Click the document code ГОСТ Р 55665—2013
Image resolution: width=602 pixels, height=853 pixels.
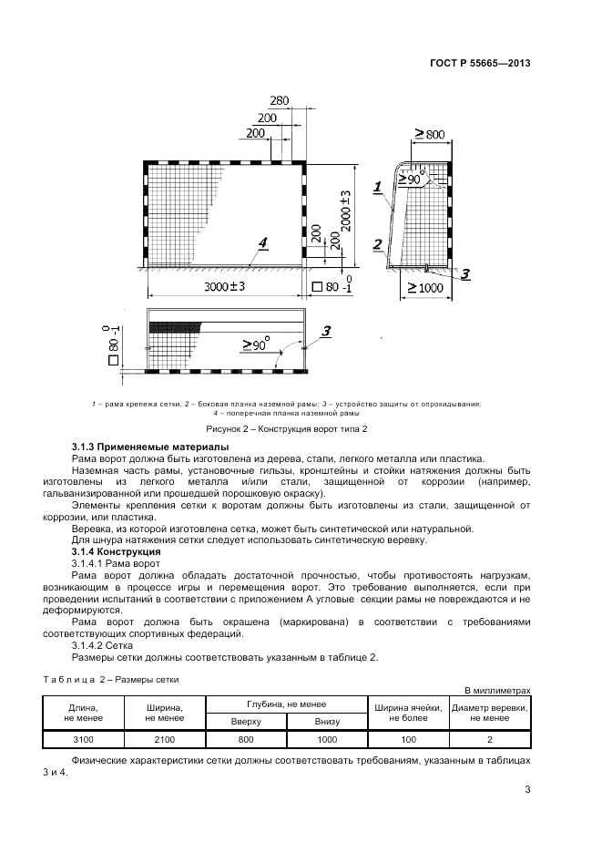(x=480, y=63)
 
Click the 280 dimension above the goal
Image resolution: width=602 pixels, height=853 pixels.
(x=280, y=100)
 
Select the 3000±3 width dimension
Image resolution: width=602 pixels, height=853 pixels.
(x=225, y=286)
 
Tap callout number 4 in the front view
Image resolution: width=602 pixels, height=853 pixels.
(x=263, y=242)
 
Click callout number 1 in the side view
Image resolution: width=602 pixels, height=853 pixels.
(x=377, y=187)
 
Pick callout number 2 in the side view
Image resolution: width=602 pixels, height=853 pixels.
(x=378, y=244)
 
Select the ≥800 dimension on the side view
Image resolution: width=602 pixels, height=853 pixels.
(x=430, y=134)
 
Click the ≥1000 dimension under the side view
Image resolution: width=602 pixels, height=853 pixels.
(x=425, y=287)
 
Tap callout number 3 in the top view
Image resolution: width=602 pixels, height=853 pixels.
(x=326, y=331)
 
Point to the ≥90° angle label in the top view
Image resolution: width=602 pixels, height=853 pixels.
(x=257, y=344)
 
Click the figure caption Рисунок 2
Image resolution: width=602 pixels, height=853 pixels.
(x=287, y=428)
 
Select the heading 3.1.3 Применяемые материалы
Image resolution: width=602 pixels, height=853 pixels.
(x=150, y=447)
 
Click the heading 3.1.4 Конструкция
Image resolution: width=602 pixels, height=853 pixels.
(x=117, y=551)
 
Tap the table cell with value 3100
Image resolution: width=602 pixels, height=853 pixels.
(x=83, y=739)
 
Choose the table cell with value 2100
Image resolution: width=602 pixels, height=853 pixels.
(x=165, y=739)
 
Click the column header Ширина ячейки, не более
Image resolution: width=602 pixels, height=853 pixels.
(x=408, y=713)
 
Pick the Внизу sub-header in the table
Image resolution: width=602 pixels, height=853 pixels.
(x=327, y=722)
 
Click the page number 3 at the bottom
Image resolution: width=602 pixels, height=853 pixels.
(x=527, y=789)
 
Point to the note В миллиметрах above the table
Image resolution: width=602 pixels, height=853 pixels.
(x=497, y=691)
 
